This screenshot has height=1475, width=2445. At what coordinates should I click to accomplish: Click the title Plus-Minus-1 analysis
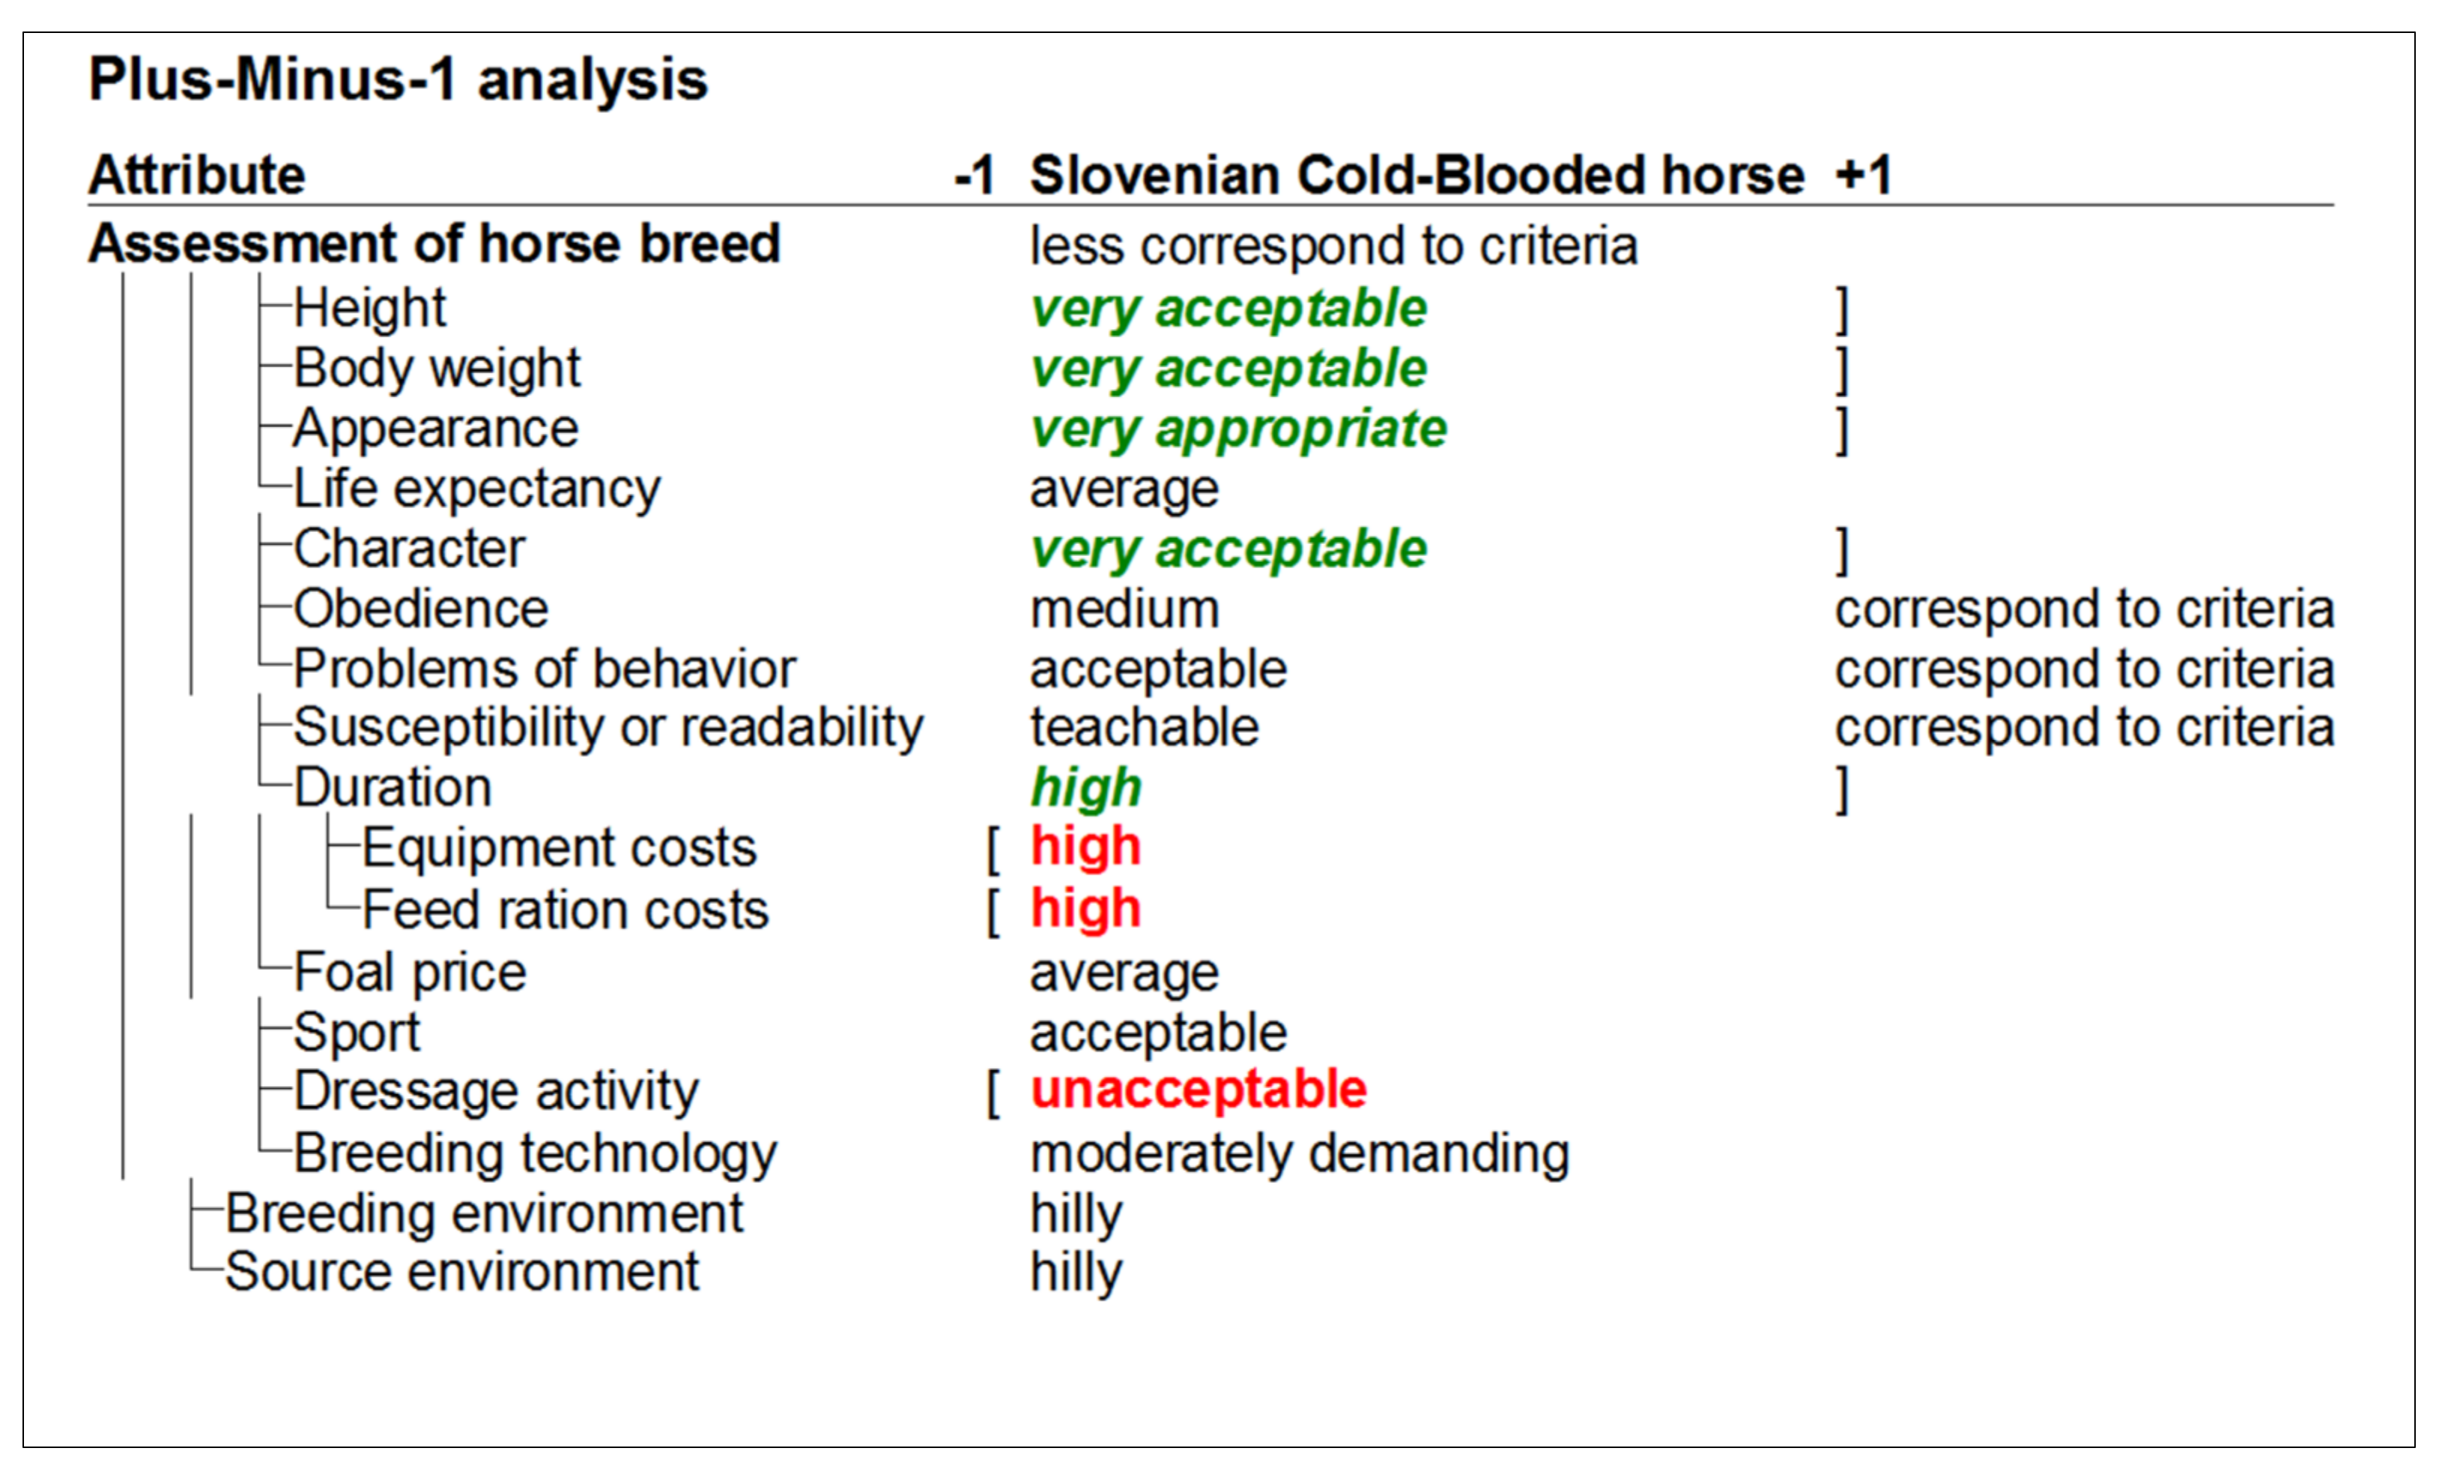coord(397,79)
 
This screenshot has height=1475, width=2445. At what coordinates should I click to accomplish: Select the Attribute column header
coord(196,175)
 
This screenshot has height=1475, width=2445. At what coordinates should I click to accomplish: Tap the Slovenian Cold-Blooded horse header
coord(1416,175)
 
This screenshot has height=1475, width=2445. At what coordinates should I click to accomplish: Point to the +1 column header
coord(1864,175)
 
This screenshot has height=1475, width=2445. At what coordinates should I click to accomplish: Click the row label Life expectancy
coord(476,489)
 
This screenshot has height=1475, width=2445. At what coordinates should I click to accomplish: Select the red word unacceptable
coord(1198,1089)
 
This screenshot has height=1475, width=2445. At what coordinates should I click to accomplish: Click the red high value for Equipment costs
coord(1085,847)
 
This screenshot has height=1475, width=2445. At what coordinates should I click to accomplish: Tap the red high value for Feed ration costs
coord(1085,908)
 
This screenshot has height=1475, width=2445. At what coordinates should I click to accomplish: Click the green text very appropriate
coord(1237,429)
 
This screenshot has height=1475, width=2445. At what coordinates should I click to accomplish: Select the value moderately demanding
coord(1299,1153)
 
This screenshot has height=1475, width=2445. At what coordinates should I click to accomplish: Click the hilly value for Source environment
coord(1076,1272)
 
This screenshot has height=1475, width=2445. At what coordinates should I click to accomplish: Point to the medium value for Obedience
coord(1124,609)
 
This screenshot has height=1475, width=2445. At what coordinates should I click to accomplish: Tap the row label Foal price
coord(409,972)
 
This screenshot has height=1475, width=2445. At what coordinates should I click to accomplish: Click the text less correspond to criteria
coord(1333,245)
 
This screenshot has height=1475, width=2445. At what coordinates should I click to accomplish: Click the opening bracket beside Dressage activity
coord(993,1093)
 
